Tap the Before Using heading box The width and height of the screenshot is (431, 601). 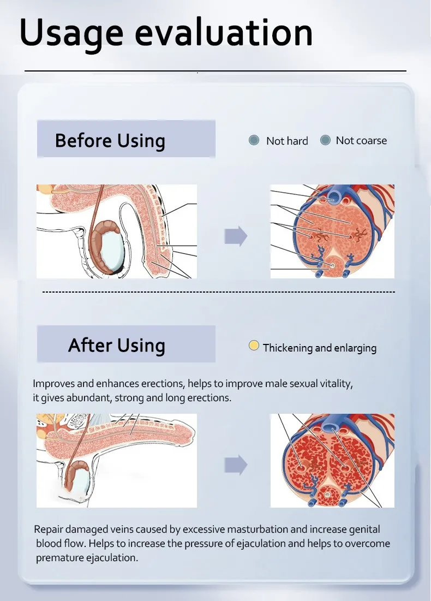click(x=126, y=140)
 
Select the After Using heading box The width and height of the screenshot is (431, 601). click(x=126, y=344)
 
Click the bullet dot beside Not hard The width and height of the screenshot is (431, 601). click(x=254, y=140)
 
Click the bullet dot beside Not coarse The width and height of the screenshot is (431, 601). click(x=326, y=140)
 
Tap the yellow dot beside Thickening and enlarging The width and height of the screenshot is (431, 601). click(x=254, y=346)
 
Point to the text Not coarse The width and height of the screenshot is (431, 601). click(x=361, y=140)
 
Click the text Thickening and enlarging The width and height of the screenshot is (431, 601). click(x=319, y=348)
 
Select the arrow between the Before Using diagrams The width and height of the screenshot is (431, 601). click(x=236, y=236)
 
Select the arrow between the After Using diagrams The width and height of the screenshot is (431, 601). click(x=236, y=465)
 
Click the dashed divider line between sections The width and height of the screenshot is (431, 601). click(x=218, y=292)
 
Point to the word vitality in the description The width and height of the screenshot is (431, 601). click(x=333, y=384)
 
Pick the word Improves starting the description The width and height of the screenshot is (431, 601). click(x=53, y=384)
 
